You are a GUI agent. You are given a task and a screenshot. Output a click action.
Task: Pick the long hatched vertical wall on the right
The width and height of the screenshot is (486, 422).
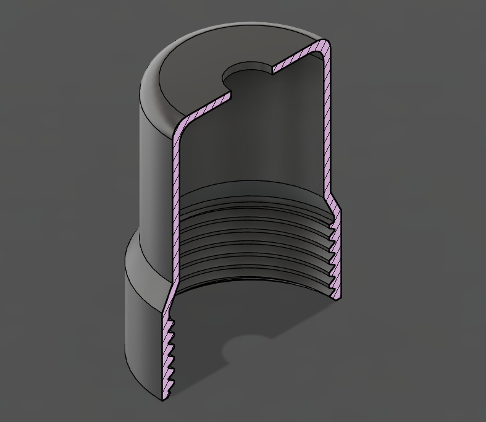click(x=327, y=124)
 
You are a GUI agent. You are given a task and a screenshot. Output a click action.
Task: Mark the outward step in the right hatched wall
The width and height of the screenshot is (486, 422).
click(x=333, y=204)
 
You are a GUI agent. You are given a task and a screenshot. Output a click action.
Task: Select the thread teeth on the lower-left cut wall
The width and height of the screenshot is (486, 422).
click(x=169, y=352)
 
